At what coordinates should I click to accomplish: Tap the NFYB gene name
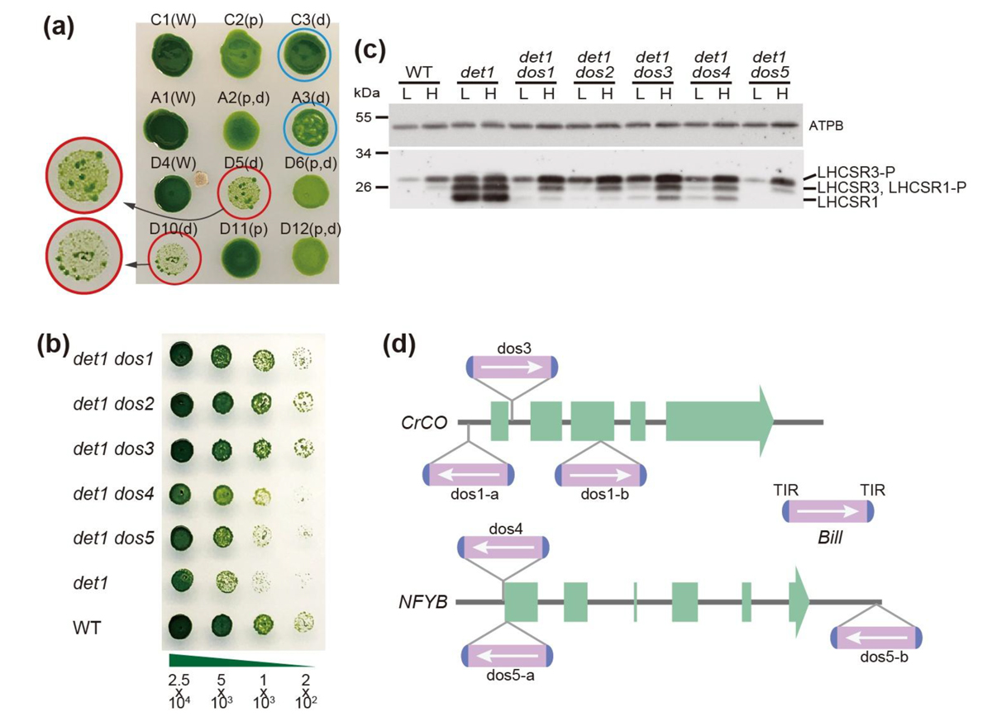pos(425,601)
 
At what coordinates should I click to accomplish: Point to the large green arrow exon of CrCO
pos(718,421)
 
